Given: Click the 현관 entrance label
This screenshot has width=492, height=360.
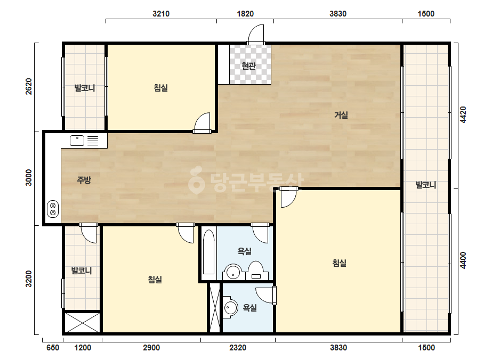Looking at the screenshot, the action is coord(248,66).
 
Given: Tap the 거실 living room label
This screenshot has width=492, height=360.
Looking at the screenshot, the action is coord(341,115).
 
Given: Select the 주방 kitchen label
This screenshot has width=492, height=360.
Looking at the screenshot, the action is coord(84,179).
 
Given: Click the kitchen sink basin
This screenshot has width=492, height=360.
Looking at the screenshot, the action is coord(77,141).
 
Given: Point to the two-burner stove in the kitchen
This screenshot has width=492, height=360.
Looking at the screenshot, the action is coord(53,209).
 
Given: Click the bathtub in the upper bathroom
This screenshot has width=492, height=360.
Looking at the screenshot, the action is coord(208,252).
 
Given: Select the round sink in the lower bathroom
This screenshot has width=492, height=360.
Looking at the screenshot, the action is coord(231,307).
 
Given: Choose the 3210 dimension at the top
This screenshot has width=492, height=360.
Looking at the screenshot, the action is coord(161,14).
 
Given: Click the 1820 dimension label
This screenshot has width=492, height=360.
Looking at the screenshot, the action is coord(245,14).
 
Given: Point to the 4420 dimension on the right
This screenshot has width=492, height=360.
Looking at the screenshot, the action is coord(463,115).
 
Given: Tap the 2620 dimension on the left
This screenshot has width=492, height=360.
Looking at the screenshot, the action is coord(29,86).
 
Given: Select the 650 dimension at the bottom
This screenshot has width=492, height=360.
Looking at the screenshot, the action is coord(53,347).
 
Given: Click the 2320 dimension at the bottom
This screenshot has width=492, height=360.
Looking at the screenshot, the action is coord(238,347).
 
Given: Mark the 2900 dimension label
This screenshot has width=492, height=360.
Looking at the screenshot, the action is coord(151,347).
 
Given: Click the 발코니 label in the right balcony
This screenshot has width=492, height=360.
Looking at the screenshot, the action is coord(426,185).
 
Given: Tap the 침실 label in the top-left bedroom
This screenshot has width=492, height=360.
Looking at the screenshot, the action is coord(160,88).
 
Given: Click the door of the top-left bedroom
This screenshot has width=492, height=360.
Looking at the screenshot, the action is coord(201,123).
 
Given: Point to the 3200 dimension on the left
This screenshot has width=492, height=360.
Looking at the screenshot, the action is coord(29,279).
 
